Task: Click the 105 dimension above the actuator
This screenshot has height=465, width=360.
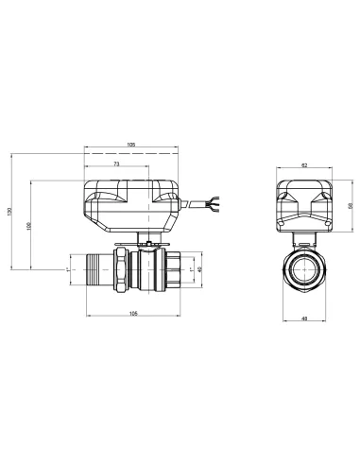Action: point(131,145)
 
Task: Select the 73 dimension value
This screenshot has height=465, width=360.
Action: point(116,164)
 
